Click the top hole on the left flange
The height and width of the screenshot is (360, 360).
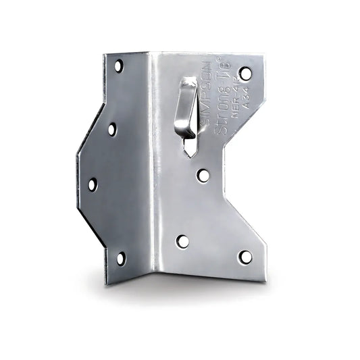click(118, 66)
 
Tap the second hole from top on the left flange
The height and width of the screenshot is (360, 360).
click(111, 128)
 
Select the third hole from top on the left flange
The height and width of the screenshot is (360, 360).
click(93, 184)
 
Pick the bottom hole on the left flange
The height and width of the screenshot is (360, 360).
click(120, 257)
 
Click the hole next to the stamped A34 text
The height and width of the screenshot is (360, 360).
click(245, 72)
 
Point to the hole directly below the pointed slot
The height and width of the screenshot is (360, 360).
click(203, 176)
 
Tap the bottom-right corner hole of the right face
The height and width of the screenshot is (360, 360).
click(245, 257)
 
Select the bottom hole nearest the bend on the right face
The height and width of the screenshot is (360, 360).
click(182, 241)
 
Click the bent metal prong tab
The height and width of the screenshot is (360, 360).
click(186, 108)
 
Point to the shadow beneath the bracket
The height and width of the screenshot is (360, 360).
click(189, 284)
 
